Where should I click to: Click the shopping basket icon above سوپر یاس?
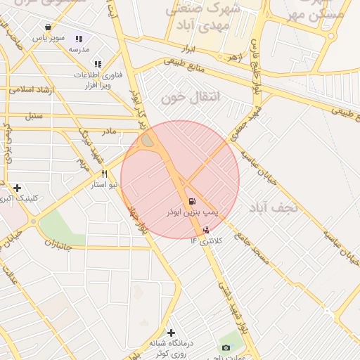(x=48, y=27)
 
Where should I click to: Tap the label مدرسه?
(x=79, y=51)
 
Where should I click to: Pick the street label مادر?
(x=109, y=131)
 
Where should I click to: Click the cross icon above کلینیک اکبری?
(x=18, y=188)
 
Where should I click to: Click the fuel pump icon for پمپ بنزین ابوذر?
(x=193, y=200)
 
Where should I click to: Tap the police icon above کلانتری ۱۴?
(x=205, y=229)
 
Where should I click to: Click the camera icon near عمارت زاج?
(x=226, y=348)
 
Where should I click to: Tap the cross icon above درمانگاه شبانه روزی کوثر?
(x=171, y=333)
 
